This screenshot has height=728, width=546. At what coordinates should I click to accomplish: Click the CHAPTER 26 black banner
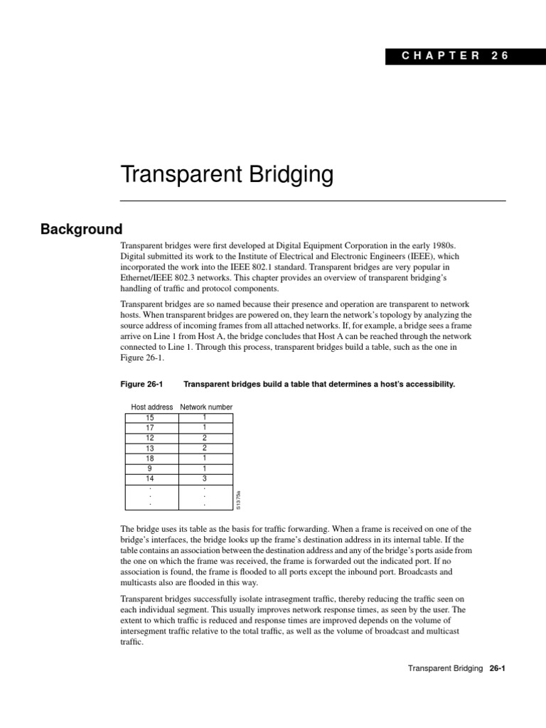(446, 57)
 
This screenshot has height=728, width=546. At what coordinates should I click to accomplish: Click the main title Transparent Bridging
(216, 174)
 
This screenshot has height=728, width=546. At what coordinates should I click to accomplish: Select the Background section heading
(81, 230)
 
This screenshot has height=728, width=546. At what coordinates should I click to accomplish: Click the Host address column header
(152, 407)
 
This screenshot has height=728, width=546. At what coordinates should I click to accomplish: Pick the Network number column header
(206, 407)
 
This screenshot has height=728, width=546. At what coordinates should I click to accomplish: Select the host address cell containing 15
(150, 417)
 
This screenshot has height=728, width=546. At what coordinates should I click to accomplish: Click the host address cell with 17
(150, 428)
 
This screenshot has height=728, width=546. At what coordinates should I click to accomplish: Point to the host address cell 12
(150, 439)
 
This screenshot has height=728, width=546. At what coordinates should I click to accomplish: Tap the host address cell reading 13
(150, 449)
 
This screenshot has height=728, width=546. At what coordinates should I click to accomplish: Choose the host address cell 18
(150, 459)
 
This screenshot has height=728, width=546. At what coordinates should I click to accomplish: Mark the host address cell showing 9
(150, 469)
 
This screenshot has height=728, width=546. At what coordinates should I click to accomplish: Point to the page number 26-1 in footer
(496, 669)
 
